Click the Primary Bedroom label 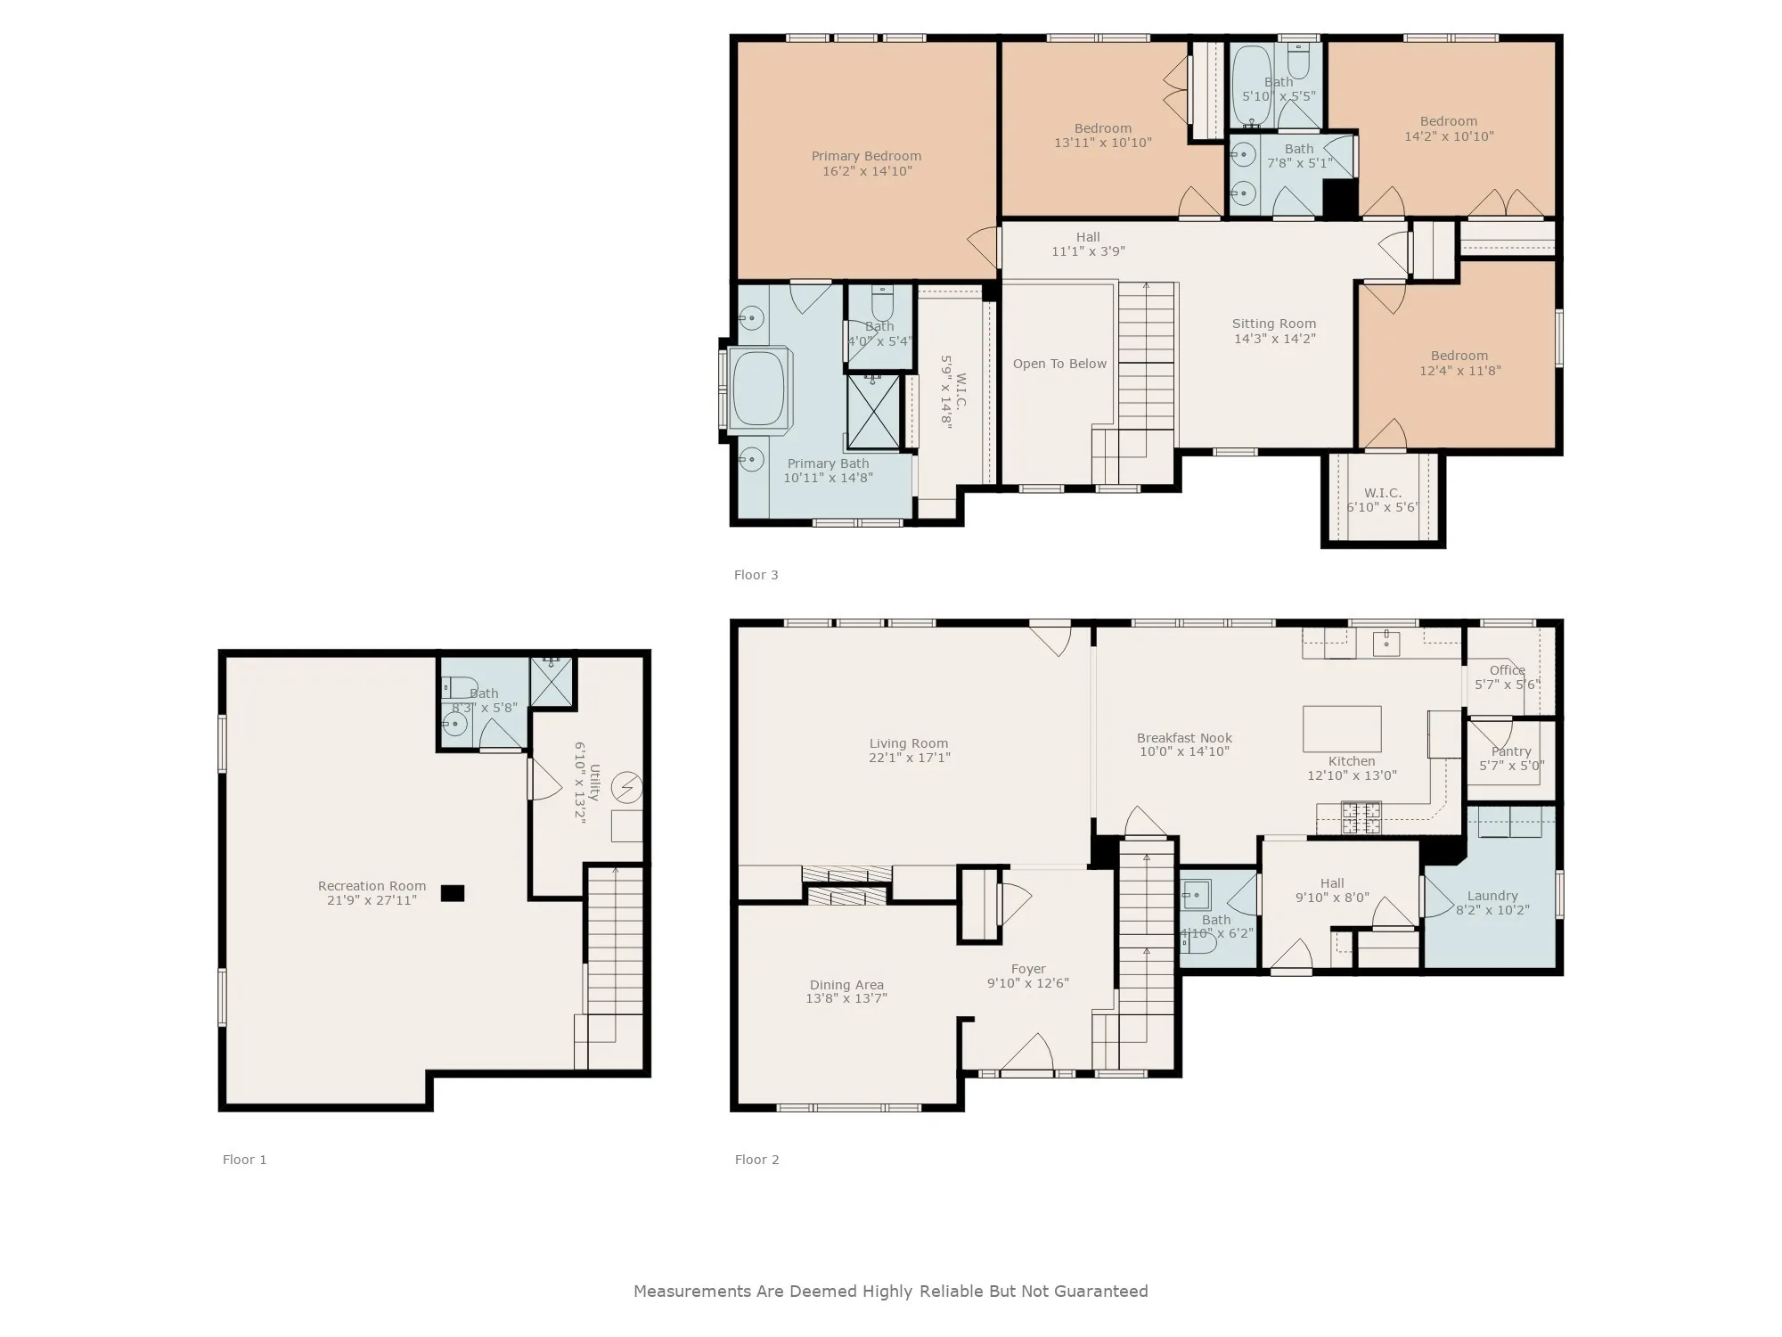tap(866, 156)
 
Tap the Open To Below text tap(1059, 364)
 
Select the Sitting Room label tap(1274, 324)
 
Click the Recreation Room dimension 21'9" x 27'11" tap(372, 900)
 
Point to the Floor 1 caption tap(244, 1160)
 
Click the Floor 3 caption tap(756, 575)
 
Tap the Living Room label tap(909, 743)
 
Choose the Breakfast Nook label tap(1184, 738)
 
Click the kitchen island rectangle tap(1342, 729)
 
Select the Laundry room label tap(1492, 896)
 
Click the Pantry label tap(1511, 751)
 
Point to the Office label tap(1508, 670)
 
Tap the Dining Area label tap(846, 985)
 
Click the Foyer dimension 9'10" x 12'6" tap(1028, 983)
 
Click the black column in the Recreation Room tap(453, 892)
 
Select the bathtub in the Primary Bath tap(758, 389)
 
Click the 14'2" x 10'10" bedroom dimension tap(1449, 136)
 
